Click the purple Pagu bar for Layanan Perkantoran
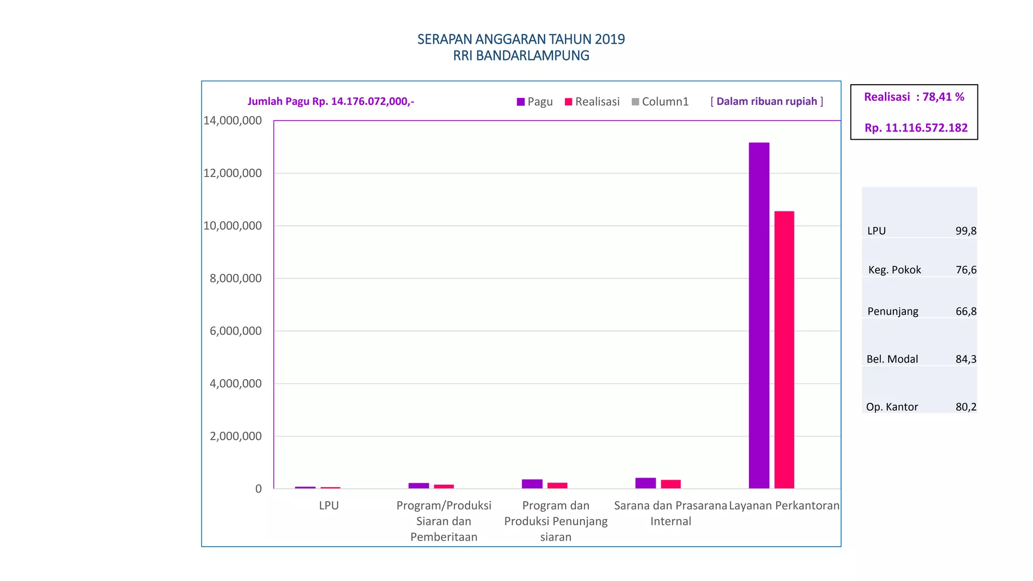click(759, 315)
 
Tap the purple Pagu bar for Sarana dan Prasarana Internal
click(645, 483)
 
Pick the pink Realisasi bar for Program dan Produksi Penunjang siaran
click(557, 486)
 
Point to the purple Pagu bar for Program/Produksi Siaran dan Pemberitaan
click(419, 486)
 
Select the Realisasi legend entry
click(592, 102)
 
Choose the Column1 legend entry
click(660, 102)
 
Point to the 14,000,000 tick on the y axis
click(233, 121)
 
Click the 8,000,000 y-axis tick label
click(236, 278)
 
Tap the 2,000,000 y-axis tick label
click(236, 436)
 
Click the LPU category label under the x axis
click(329, 505)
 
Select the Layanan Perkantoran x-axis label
click(784, 505)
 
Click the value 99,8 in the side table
click(965, 231)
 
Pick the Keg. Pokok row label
click(894, 270)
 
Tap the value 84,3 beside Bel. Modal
click(965, 359)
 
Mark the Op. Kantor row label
click(892, 407)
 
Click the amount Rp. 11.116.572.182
click(916, 128)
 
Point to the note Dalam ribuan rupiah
click(767, 101)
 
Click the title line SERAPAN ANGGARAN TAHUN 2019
click(521, 39)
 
